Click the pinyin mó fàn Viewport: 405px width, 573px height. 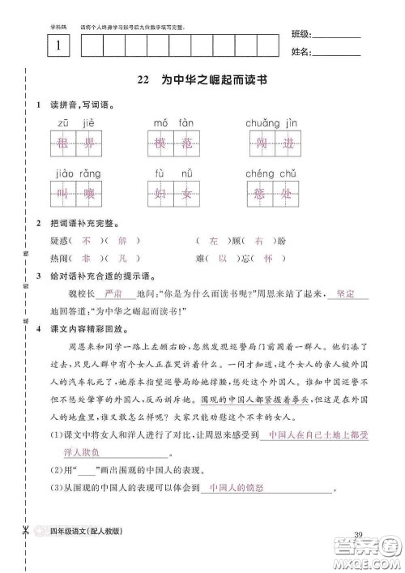tap(173, 122)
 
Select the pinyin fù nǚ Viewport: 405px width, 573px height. tap(173, 173)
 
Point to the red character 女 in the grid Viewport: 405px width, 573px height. tap(185, 197)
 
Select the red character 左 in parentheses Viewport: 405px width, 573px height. tap(214, 241)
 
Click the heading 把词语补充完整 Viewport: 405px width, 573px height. tap(83, 222)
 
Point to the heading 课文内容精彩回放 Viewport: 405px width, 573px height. tap(88, 331)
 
